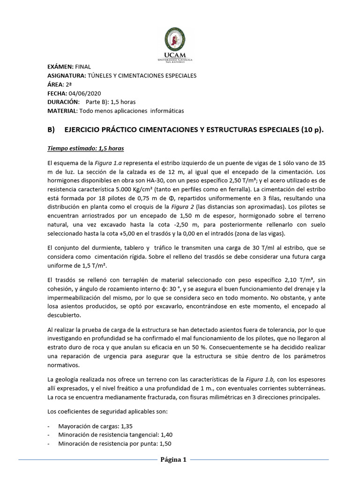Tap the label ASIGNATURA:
click(66, 75)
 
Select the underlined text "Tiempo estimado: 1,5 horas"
click(86, 149)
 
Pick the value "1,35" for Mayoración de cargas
click(127, 427)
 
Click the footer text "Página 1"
click(173, 460)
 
